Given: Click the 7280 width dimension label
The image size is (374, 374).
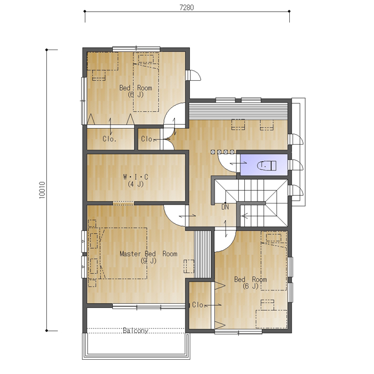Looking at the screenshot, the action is [186, 7].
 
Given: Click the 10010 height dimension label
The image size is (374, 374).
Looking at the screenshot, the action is [42, 190].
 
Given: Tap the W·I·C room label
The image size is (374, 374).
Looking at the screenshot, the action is [135, 177].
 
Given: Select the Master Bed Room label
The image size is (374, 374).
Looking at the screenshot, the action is [148, 254].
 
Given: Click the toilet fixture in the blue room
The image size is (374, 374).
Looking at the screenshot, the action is [267, 166].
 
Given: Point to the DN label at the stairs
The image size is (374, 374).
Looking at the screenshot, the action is [225, 207].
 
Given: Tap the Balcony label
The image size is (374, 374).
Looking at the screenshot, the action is [135, 331].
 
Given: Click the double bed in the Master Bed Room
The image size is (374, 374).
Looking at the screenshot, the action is [123, 254].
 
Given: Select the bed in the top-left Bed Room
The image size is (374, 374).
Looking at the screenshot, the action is [146, 82].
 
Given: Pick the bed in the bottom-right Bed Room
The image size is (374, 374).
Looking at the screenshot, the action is [273, 261].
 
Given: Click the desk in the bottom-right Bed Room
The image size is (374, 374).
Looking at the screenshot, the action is [272, 319].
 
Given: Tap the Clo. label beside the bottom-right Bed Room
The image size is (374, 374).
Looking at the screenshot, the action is [199, 305].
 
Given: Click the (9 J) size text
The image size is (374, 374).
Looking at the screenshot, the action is [148, 261].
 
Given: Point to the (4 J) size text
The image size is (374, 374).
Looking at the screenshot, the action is [135, 184].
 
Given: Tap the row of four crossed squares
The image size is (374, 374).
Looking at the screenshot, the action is [222, 152].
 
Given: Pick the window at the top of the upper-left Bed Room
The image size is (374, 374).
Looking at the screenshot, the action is [136, 49].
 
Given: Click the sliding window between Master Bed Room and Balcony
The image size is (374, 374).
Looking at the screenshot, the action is [148, 306].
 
